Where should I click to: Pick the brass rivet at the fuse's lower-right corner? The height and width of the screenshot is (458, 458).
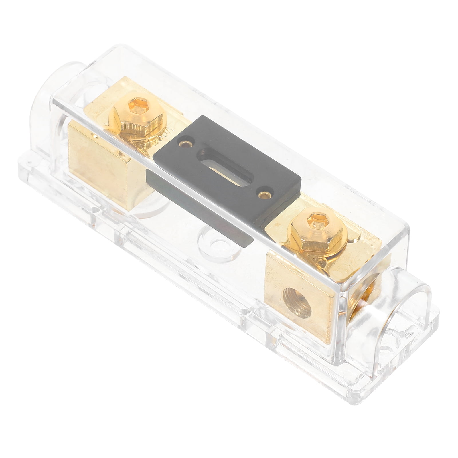(x=262, y=194)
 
